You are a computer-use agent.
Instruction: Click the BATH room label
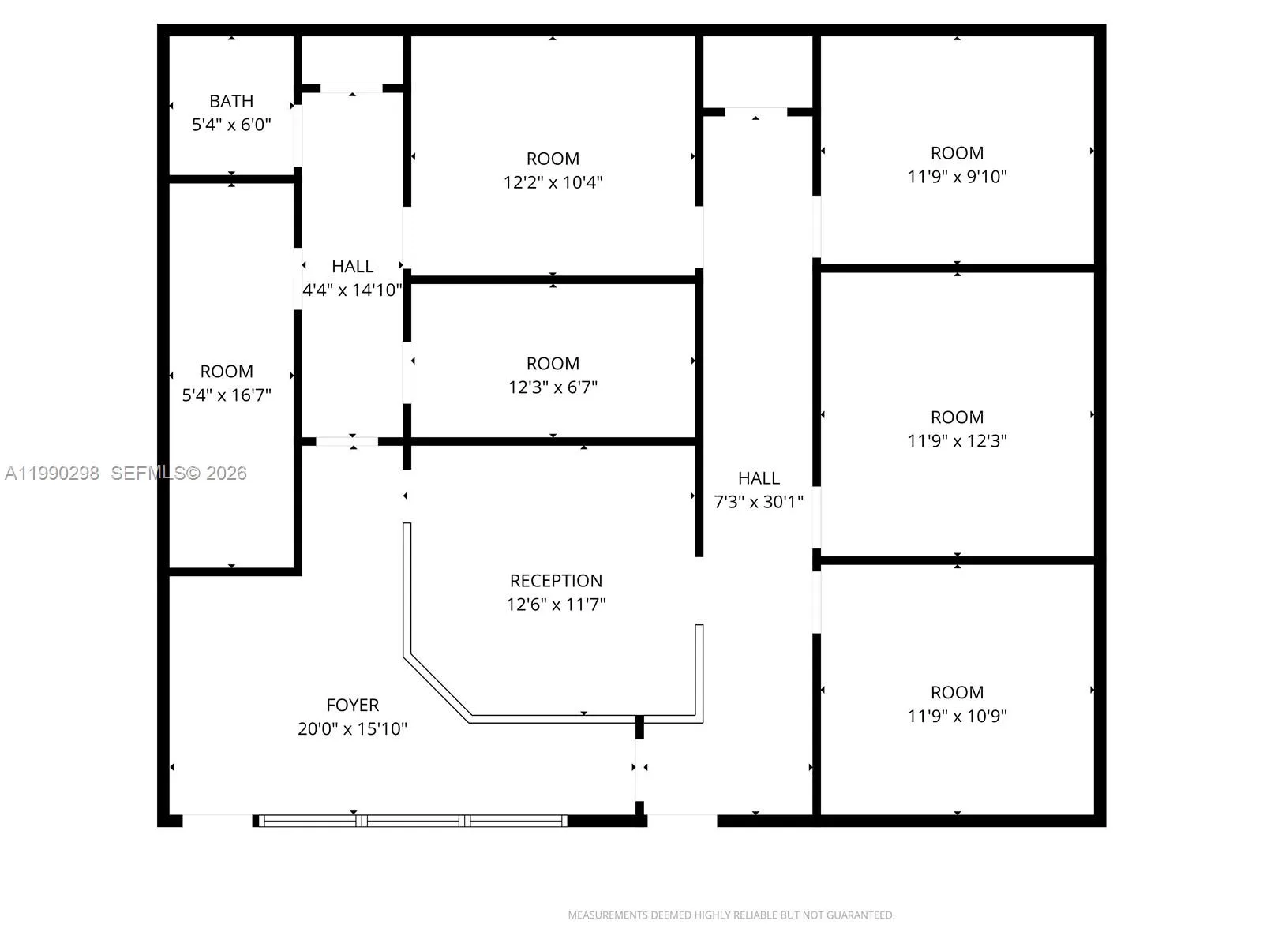tap(231, 101)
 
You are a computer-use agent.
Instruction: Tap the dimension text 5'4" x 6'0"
tap(231, 125)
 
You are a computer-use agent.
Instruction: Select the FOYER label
tap(352, 705)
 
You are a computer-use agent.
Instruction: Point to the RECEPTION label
tap(556, 581)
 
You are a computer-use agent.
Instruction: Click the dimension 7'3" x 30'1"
tap(759, 502)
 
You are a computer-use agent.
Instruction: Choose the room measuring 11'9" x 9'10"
tap(957, 165)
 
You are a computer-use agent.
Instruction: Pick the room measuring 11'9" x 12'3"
tap(957, 429)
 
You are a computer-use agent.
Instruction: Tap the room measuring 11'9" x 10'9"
tap(957, 704)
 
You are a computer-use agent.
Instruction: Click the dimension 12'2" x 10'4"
tap(553, 182)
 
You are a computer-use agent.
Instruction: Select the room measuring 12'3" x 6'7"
tap(553, 375)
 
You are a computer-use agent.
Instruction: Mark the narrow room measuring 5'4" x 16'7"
tap(227, 383)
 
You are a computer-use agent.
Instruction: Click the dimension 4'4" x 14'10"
tap(352, 290)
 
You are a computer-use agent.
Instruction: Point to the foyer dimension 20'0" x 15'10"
tap(352, 728)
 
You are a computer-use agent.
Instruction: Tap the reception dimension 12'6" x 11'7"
tap(556, 605)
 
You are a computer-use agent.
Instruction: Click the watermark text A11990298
tap(52, 473)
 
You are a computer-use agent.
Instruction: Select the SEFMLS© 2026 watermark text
tap(178, 473)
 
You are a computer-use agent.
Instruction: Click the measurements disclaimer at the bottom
tap(731, 915)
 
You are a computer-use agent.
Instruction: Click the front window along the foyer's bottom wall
tap(413, 821)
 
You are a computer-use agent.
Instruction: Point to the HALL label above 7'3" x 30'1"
tap(759, 478)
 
